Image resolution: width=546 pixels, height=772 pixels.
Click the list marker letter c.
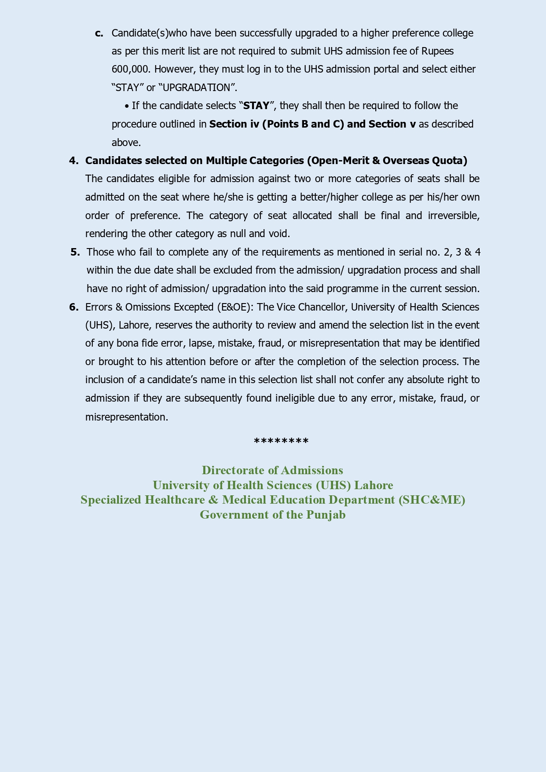coord(99,33)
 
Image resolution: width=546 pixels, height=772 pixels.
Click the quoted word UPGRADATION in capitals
coord(196,88)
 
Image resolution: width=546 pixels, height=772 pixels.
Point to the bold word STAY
coord(256,106)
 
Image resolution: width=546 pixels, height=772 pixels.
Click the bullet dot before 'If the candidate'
coord(127,106)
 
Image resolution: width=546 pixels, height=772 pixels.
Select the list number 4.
coord(73,161)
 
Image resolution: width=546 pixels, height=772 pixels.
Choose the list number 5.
coord(75,252)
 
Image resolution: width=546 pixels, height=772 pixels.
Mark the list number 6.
coord(73,307)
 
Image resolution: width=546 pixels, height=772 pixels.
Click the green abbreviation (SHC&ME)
coord(432,500)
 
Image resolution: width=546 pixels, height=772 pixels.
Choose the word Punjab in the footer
coord(326,515)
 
